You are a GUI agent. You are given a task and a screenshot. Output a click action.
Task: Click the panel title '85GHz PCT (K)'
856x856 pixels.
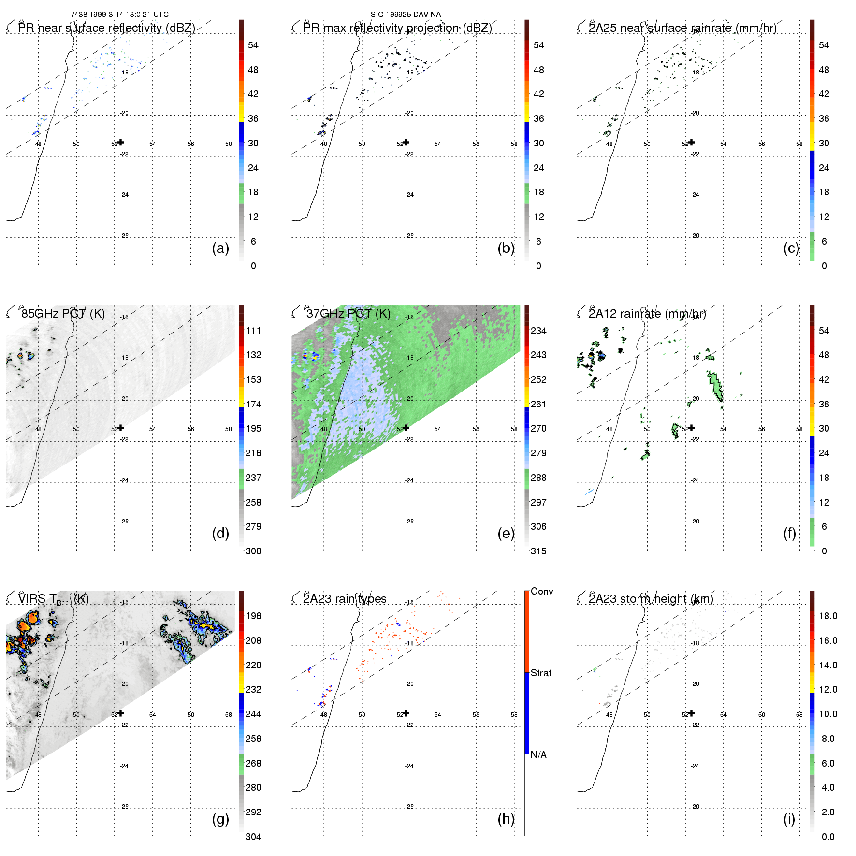[63, 314]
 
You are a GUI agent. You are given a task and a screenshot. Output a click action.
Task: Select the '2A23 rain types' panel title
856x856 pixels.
[345, 599]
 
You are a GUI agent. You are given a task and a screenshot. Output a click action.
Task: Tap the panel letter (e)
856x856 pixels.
[506, 533]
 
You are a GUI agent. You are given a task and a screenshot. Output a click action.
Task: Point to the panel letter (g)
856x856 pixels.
[220, 819]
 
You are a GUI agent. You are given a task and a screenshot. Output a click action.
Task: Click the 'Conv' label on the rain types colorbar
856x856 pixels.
[541, 591]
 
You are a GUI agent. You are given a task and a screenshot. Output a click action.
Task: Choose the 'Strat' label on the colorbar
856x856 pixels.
[541, 673]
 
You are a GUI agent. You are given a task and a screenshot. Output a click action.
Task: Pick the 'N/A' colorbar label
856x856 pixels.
[538, 755]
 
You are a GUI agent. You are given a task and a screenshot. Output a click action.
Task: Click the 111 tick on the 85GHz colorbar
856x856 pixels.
[253, 331]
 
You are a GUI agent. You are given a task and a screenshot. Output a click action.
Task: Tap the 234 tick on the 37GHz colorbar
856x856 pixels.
[538, 331]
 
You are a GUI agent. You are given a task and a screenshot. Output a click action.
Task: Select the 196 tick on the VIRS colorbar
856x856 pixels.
[253, 616]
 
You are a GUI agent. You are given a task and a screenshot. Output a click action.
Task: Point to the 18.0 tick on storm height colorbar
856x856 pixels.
[828, 616]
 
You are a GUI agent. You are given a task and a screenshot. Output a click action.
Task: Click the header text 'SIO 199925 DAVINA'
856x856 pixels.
[406, 15]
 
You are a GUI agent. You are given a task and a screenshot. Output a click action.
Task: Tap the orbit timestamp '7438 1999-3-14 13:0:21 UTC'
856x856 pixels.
[119, 15]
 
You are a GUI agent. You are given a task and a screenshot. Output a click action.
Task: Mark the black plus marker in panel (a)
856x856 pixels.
[121, 142]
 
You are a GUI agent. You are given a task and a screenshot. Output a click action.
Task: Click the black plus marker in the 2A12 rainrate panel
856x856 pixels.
[692, 428]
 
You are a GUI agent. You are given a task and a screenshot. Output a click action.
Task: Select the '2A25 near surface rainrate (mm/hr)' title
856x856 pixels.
[682, 28]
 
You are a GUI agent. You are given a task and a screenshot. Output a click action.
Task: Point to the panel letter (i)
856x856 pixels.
[789, 819]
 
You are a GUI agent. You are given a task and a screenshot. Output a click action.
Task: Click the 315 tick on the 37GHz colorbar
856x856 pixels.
[538, 551]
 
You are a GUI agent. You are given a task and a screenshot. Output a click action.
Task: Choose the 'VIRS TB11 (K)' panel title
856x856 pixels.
[53, 599]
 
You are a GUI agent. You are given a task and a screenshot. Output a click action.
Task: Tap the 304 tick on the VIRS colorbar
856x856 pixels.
[253, 837]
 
